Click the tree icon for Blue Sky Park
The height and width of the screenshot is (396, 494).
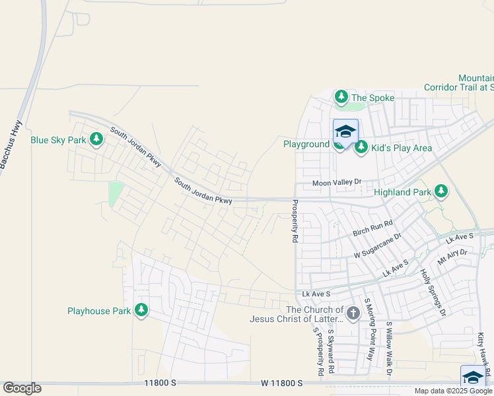tap(96, 139)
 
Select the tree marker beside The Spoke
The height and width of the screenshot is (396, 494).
tap(341, 98)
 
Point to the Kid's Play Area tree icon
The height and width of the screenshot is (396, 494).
tap(361, 147)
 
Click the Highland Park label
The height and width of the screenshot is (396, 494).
tap(402, 193)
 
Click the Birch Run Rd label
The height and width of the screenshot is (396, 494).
tap(372, 228)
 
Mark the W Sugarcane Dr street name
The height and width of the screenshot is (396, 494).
tap(377, 244)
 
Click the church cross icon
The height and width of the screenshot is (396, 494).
tap(353, 312)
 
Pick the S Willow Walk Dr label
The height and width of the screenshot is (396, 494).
tap(390, 348)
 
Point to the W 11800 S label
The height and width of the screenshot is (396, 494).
tap(281, 383)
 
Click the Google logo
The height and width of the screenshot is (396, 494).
tap(22, 388)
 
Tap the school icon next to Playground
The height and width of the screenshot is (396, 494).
tap(345, 133)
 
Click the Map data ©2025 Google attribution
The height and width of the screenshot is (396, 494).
tap(452, 391)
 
